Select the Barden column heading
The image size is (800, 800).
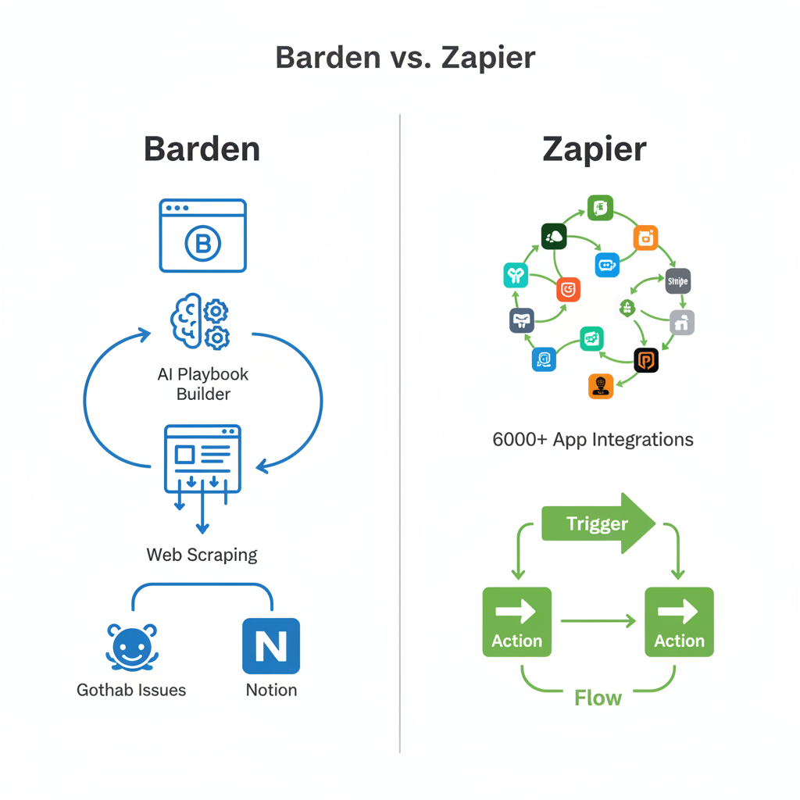click(202, 149)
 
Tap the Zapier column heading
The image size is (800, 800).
click(594, 149)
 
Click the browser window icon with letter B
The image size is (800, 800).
click(203, 235)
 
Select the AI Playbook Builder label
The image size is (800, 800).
click(203, 384)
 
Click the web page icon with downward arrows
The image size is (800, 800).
click(202, 461)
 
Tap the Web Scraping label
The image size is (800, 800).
click(202, 555)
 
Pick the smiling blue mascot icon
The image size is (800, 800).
click(131, 647)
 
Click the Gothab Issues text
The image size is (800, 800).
click(131, 690)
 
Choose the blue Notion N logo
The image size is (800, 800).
click(271, 646)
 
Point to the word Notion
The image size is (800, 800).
click(271, 690)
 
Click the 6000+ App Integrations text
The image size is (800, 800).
click(592, 439)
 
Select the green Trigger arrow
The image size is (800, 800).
click(598, 523)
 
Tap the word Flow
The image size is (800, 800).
click(598, 697)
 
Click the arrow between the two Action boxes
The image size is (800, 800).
click(598, 622)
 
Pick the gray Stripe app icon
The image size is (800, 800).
click(677, 280)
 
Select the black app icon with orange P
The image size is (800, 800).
click(645, 359)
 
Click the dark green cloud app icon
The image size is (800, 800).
click(553, 236)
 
